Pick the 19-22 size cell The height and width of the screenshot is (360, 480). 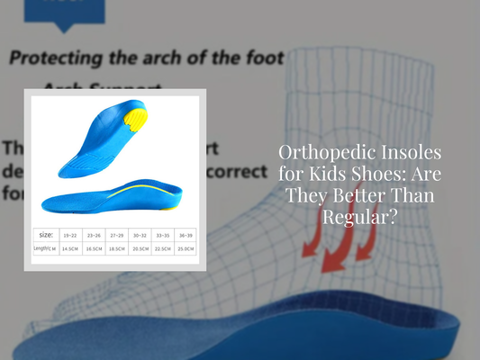(x=70, y=234)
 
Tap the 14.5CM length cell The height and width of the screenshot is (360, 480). (x=70, y=247)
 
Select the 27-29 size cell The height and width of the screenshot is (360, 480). (x=115, y=234)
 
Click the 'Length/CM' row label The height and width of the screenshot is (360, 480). (x=46, y=247)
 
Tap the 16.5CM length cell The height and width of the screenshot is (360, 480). (x=93, y=247)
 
